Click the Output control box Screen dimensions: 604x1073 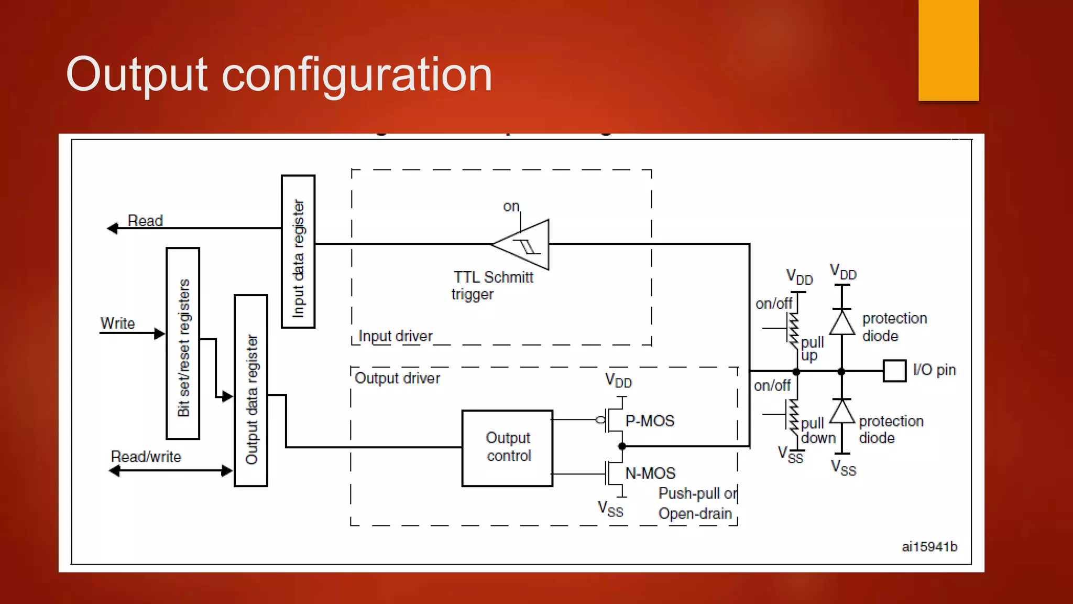tap(507, 448)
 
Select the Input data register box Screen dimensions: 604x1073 tap(298, 252)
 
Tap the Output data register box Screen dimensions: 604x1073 tap(251, 391)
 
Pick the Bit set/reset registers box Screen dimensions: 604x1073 tap(183, 343)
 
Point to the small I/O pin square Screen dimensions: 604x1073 tap(894, 371)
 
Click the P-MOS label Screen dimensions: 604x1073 tap(650, 421)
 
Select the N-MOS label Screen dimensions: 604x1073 tap(650, 473)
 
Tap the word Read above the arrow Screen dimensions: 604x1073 tap(145, 221)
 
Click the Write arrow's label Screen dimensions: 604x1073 tap(117, 323)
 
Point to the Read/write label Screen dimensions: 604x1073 tap(146, 457)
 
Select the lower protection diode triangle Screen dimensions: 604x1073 tap(842, 412)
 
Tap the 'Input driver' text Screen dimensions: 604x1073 tap(395, 336)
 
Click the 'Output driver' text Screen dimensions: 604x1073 tap(397, 378)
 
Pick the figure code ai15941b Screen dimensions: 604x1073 tap(929, 547)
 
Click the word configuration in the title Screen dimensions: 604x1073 tap(357, 74)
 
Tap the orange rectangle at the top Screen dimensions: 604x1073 tap(948, 50)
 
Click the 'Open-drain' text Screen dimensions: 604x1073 tap(695, 513)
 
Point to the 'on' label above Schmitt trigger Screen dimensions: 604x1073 tap(511, 207)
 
